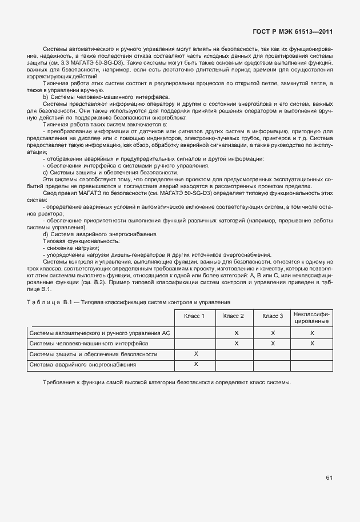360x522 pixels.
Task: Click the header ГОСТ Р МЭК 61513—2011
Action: coord(293,33)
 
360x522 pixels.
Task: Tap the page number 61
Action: coord(329,477)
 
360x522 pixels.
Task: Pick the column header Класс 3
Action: coord(273,316)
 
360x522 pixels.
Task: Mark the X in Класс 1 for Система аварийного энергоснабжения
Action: coord(196,364)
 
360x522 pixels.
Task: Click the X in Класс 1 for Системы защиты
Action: coord(196,354)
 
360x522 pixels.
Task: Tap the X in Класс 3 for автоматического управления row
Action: coord(273,332)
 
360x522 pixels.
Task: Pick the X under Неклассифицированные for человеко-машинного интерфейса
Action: coord(312,343)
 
